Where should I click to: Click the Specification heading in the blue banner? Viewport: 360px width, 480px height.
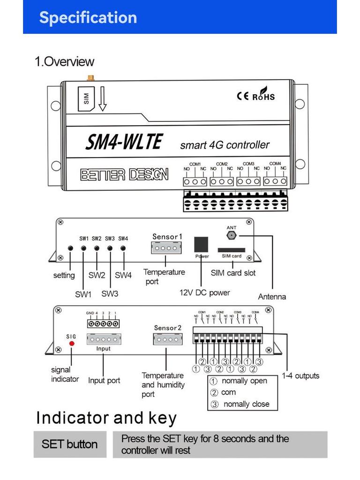tap(88, 17)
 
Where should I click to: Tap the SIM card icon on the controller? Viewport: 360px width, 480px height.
tap(86, 98)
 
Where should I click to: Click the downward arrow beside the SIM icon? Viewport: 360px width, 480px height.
tap(102, 100)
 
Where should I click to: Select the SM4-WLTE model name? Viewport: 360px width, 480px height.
tap(124, 142)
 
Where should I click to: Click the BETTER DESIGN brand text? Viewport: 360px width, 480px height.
tap(124, 175)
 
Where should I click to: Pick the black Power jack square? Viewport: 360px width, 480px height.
tap(201, 245)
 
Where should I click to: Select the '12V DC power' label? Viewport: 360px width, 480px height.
tap(205, 292)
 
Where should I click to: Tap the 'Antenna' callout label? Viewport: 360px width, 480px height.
tap(272, 297)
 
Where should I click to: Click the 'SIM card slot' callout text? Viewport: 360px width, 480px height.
tap(233, 273)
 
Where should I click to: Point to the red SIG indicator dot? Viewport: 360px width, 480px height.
tap(72, 344)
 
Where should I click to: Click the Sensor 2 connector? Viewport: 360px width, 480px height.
tap(167, 339)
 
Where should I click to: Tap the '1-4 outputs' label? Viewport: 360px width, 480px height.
tap(300, 375)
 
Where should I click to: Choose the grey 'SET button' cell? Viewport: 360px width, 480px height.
tap(69, 444)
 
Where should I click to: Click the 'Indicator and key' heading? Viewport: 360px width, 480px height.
tap(106, 418)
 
